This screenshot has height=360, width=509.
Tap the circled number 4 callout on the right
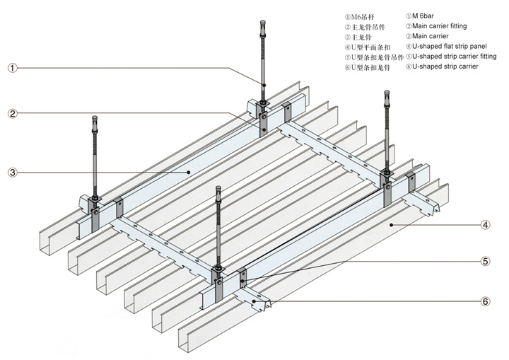[485, 226]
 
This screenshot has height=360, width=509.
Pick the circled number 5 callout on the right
[485, 261]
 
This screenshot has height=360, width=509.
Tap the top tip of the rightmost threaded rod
[386, 91]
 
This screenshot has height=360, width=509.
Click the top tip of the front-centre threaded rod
[218, 189]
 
